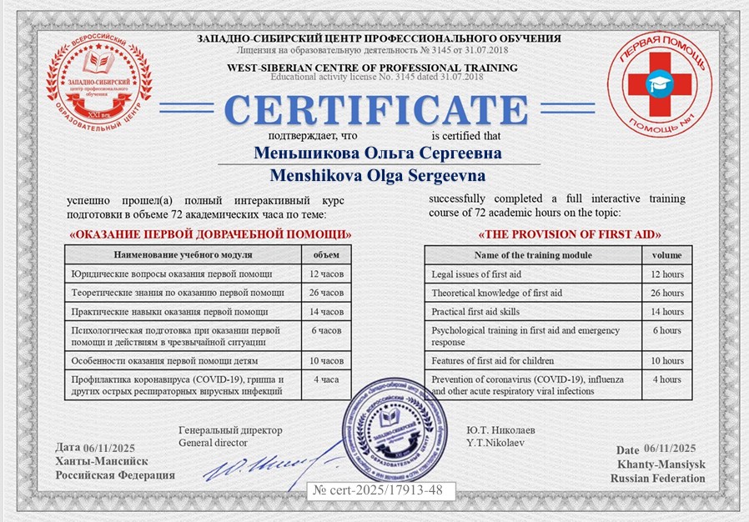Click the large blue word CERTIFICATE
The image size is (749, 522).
[x=374, y=109]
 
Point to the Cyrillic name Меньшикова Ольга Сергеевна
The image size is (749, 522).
[x=378, y=153]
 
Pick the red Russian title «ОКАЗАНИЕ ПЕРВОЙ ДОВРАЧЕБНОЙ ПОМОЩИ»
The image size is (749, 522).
[x=209, y=234]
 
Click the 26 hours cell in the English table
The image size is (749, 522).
[x=666, y=293]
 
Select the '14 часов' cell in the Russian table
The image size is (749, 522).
[x=326, y=312]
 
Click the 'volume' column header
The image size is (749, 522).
[x=666, y=255]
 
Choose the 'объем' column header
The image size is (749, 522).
[x=326, y=254]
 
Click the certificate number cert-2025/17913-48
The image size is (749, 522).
[x=380, y=489]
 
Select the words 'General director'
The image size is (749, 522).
[x=213, y=443]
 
